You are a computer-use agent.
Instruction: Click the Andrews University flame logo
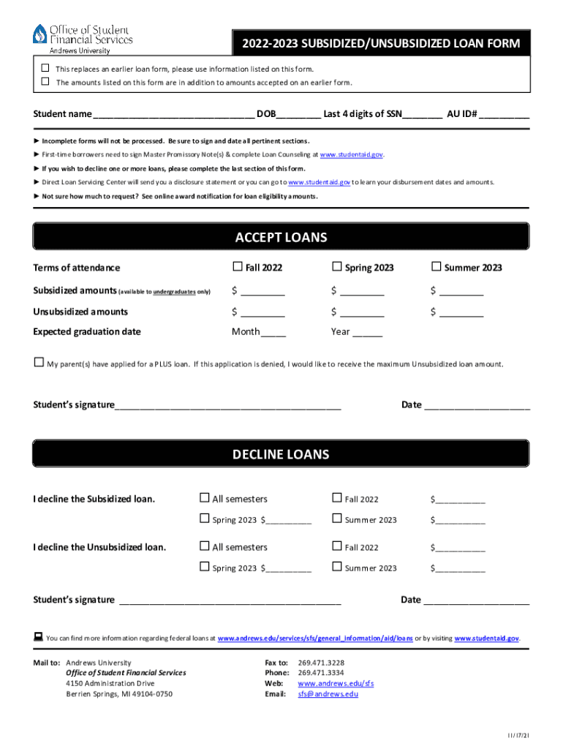pos(39,34)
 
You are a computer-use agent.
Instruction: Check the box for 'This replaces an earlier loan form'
pos(45,68)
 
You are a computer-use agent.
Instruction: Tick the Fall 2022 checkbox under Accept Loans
pos(237,266)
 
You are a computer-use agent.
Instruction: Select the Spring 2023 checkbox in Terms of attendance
pos(337,266)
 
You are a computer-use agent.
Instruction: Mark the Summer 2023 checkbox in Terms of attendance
pos(437,266)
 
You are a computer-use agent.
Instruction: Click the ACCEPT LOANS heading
pos(281,238)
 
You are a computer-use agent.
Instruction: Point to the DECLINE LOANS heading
pos(281,454)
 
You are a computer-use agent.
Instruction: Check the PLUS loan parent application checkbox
pos(39,363)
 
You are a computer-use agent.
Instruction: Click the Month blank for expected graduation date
pos(273,332)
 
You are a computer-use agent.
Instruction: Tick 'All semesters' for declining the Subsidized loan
pos(205,498)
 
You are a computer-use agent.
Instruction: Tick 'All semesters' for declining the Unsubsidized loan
pos(205,546)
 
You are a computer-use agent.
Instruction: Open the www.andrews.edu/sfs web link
pos(336,683)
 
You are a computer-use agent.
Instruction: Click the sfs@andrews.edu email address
pos(328,694)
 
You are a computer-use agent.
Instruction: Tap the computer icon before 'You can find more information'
pos(38,637)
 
